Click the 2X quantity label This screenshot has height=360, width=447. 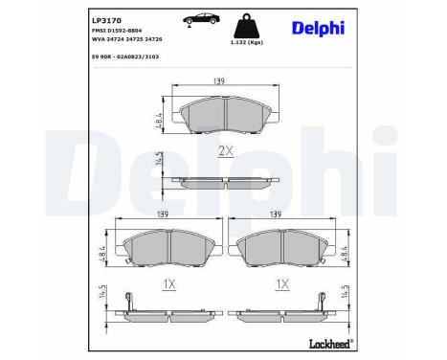coord(225,150)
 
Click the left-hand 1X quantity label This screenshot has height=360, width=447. coord(167,284)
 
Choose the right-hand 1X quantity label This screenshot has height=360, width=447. coord(281,284)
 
